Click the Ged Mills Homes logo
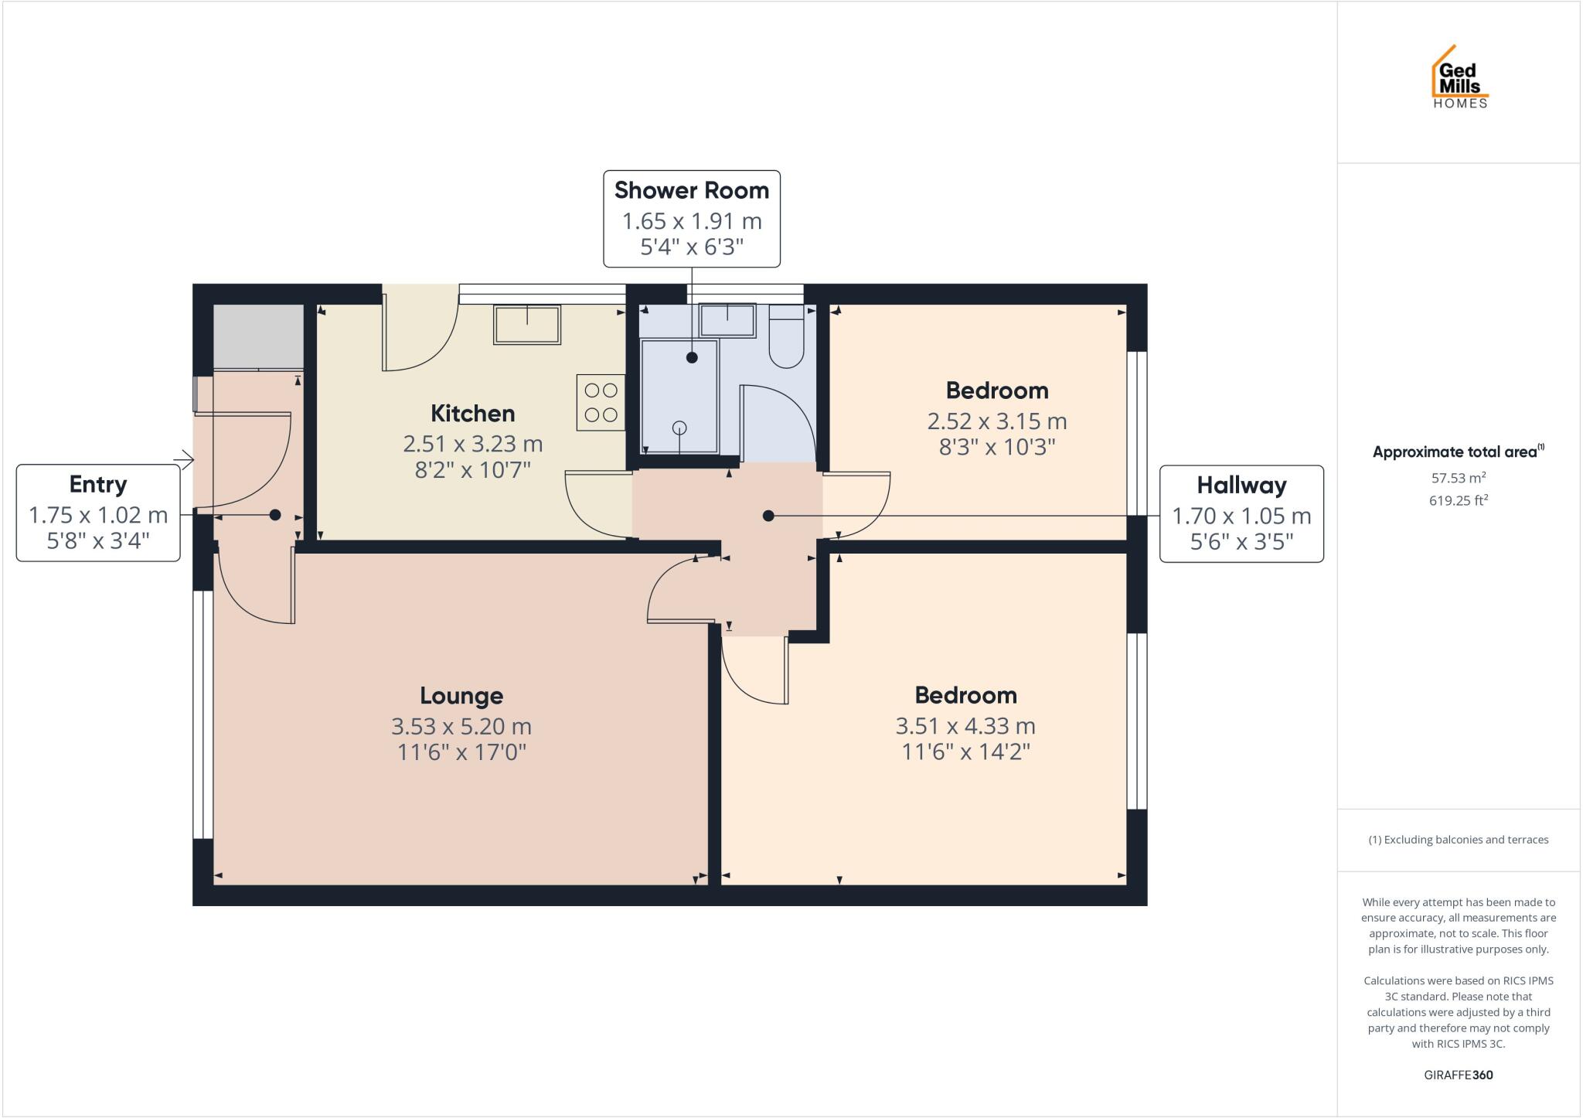click(x=1459, y=77)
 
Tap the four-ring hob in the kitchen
click(x=601, y=403)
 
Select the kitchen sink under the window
click(x=527, y=325)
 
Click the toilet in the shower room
click(x=786, y=338)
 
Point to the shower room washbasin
click(x=727, y=320)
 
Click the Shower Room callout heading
click(x=691, y=190)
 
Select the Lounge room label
click(x=461, y=696)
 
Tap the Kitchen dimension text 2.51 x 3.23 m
click(x=472, y=444)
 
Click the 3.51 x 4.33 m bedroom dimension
click(x=965, y=726)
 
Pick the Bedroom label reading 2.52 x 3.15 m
click(x=996, y=390)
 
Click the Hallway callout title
click(x=1241, y=486)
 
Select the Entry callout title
click(x=98, y=485)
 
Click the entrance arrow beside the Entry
click(x=184, y=460)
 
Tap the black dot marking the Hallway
click(x=768, y=516)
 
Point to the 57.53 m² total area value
click(x=1458, y=478)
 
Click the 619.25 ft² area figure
click(x=1458, y=501)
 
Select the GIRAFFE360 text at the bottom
click(x=1458, y=1075)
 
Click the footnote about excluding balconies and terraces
click(x=1458, y=840)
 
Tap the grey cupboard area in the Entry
click(x=258, y=336)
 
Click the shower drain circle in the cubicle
click(x=679, y=428)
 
